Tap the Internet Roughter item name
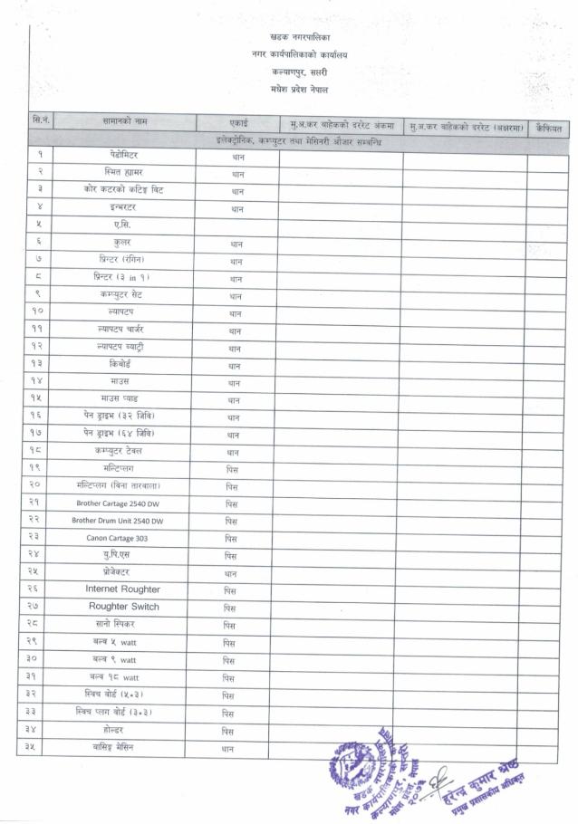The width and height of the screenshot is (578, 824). click(x=122, y=589)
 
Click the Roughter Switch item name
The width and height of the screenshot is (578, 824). click(x=123, y=607)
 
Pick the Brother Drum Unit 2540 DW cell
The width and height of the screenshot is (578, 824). click(x=118, y=521)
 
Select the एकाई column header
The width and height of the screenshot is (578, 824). click(x=236, y=121)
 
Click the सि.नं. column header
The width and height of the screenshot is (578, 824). click(x=40, y=121)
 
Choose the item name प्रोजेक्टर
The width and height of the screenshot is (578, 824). click(x=115, y=572)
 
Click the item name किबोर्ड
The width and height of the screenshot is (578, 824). click(x=120, y=364)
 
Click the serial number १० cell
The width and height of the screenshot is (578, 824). click(x=40, y=312)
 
